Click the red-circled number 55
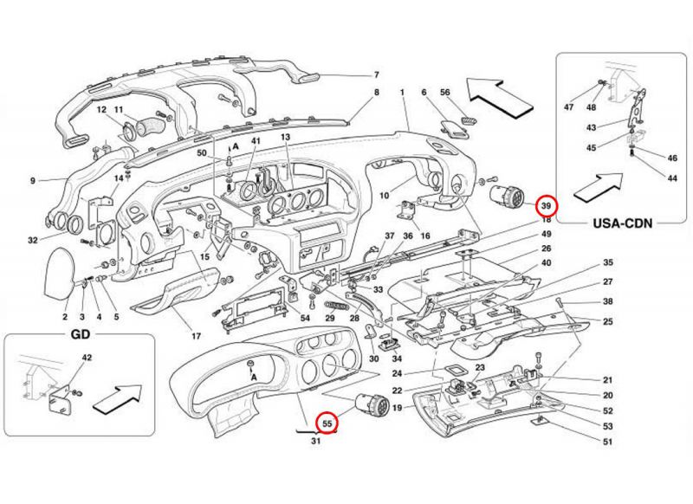(327, 423)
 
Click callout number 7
(378, 74)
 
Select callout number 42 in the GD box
(86, 357)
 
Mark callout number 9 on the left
(32, 181)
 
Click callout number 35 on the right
(608, 262)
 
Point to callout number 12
(100, 109)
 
